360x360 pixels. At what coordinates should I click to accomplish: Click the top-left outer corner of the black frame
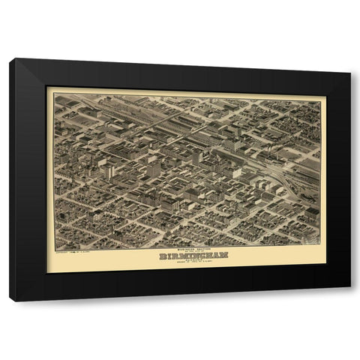point(10,58)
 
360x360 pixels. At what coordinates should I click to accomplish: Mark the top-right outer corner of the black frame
point(350,58)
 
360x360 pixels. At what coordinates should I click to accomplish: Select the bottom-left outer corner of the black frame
point(10,301)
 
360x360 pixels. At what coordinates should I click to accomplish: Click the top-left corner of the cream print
point(47,88)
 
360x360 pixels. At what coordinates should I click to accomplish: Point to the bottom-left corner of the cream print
point(47,271)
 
